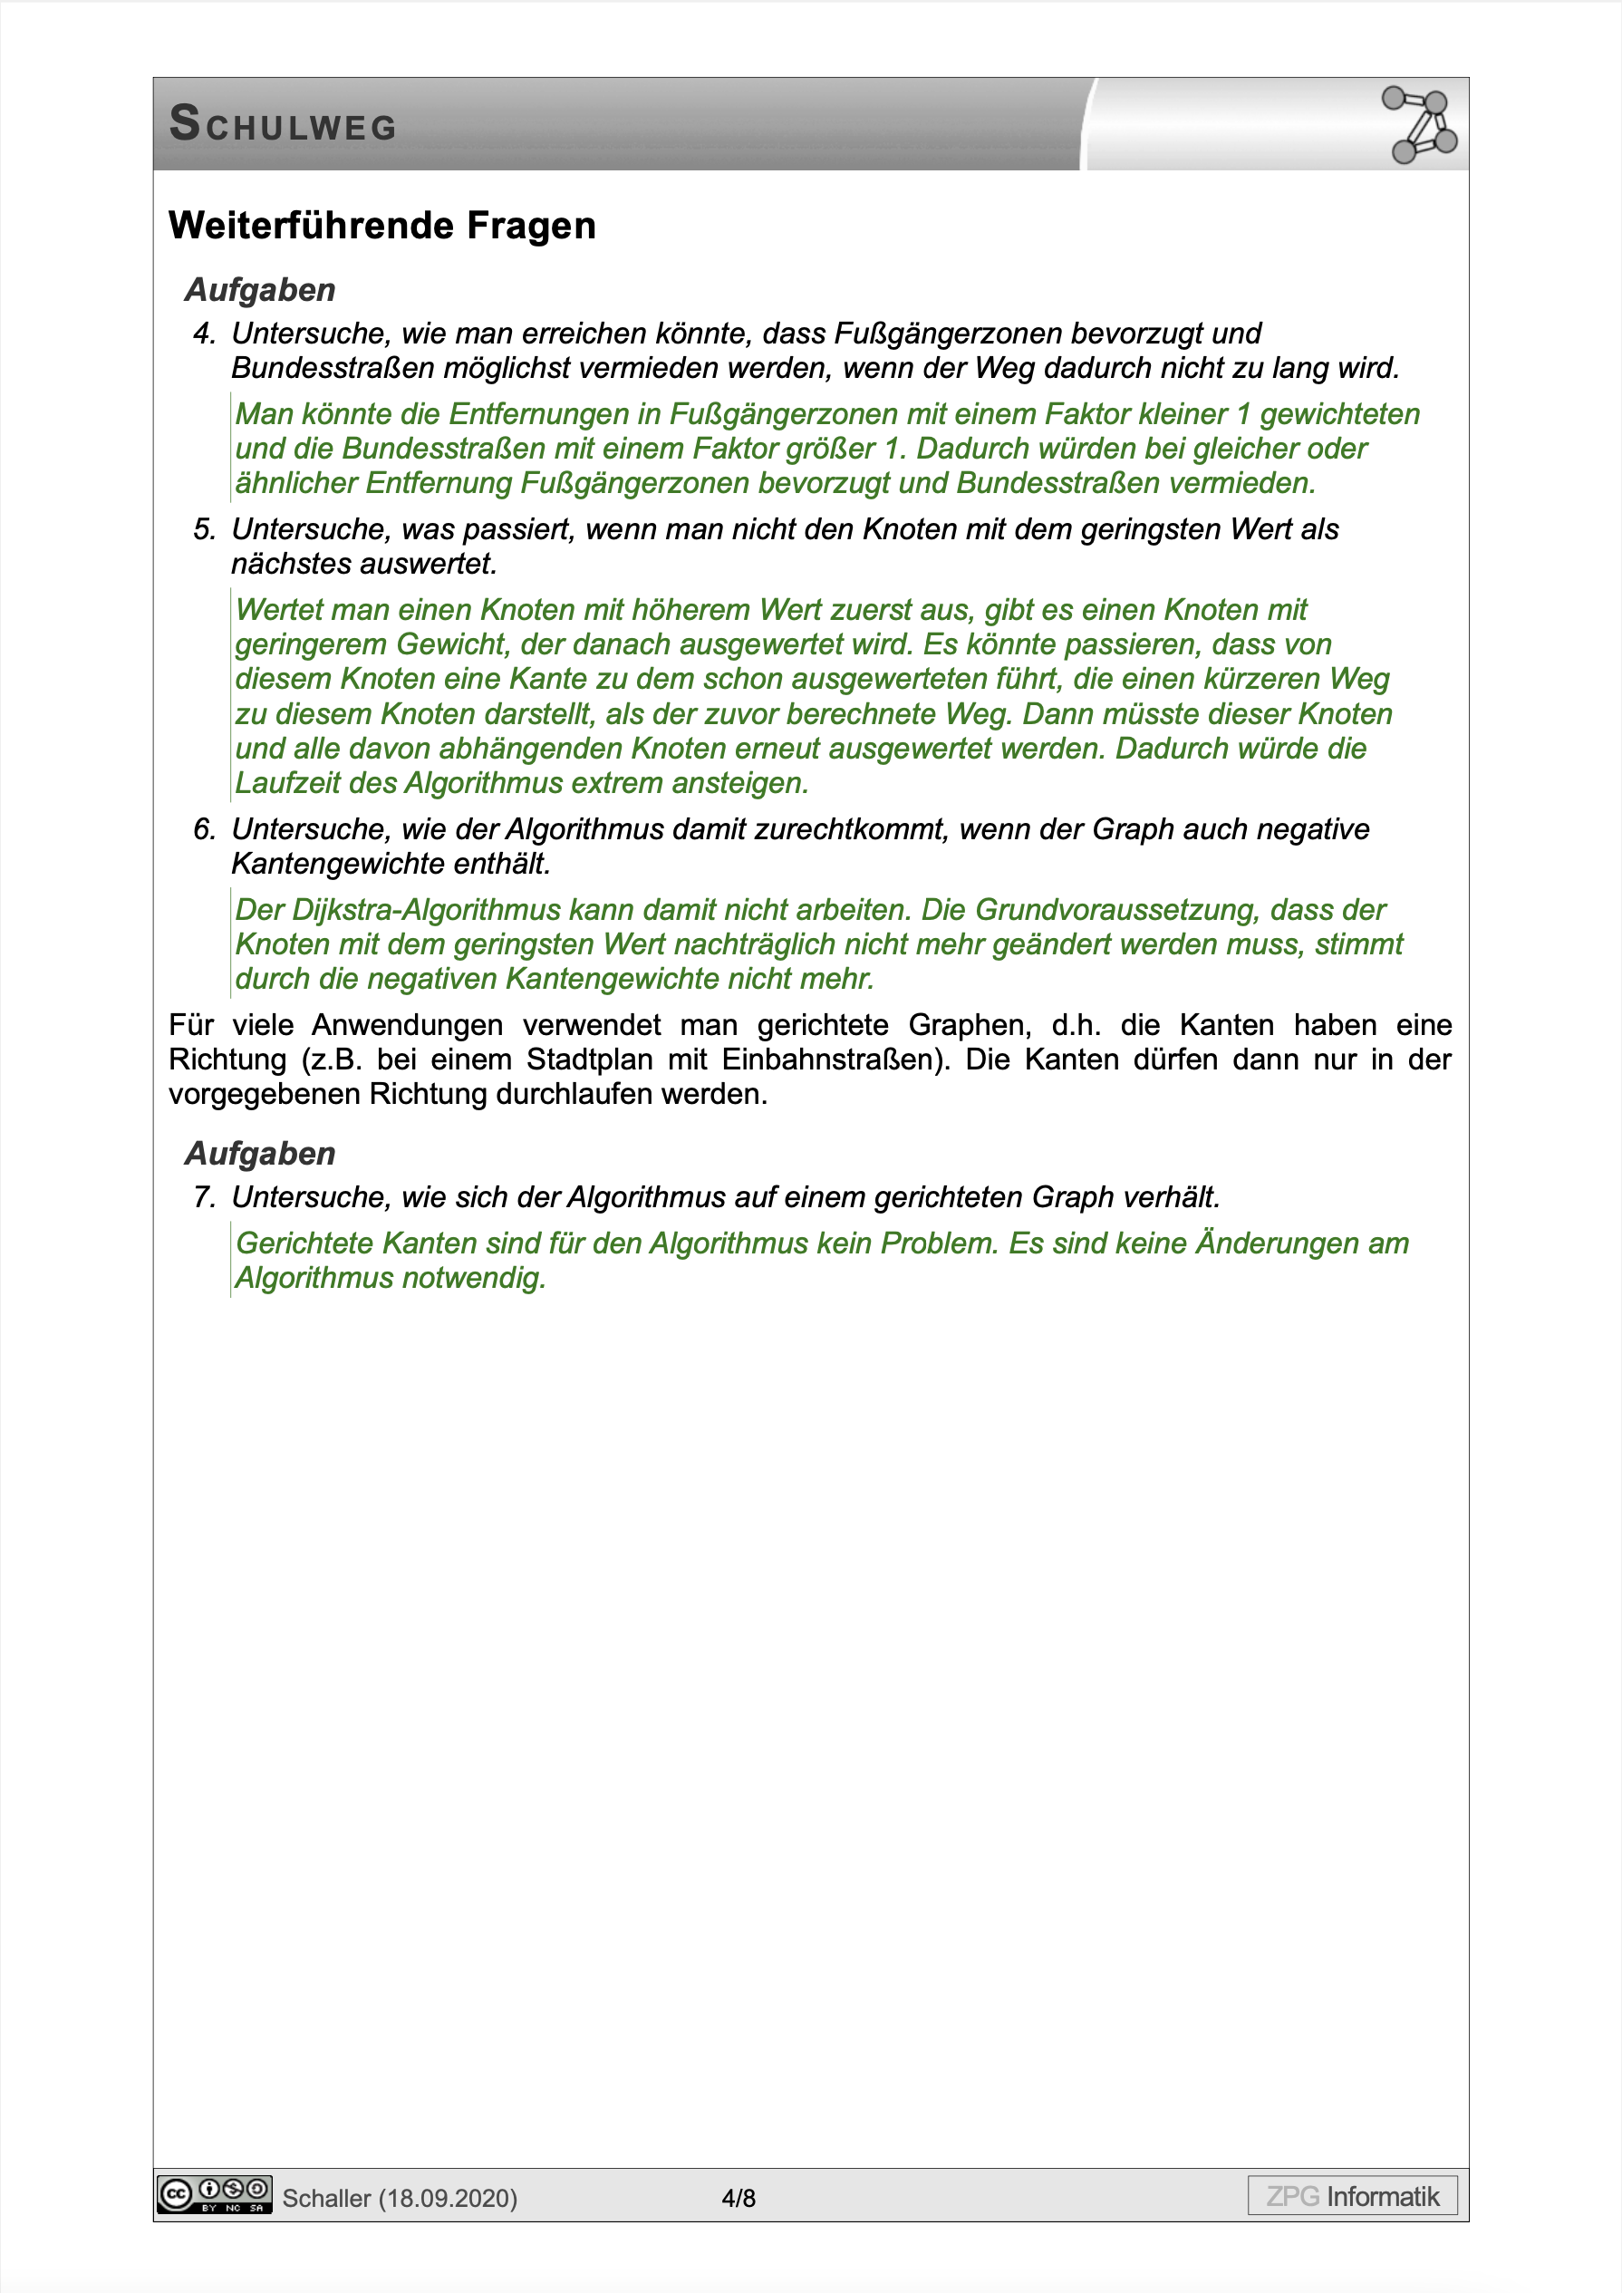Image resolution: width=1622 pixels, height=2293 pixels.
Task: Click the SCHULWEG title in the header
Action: tap(283, 125)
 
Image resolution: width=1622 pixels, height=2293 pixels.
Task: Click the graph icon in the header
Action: tap(1419, 125)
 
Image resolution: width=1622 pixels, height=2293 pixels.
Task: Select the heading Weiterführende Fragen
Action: tap(381, 226)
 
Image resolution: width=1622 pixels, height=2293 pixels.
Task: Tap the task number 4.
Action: tap(204, 334)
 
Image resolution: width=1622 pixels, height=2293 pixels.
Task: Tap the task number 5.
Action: tap(204, 529)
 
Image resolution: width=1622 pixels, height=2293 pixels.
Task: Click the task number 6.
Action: tap(204, 829)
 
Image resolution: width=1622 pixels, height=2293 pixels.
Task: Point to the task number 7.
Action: tap(204, 1196)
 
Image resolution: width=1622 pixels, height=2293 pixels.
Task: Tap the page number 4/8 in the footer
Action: tap(739, 2198)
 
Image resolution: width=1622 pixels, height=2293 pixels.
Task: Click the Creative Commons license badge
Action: tap(214, 2194)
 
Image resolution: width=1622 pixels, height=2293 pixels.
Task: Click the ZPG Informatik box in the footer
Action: tap(1351, 2196)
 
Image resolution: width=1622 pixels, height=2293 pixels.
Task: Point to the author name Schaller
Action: tap(325, 2198)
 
